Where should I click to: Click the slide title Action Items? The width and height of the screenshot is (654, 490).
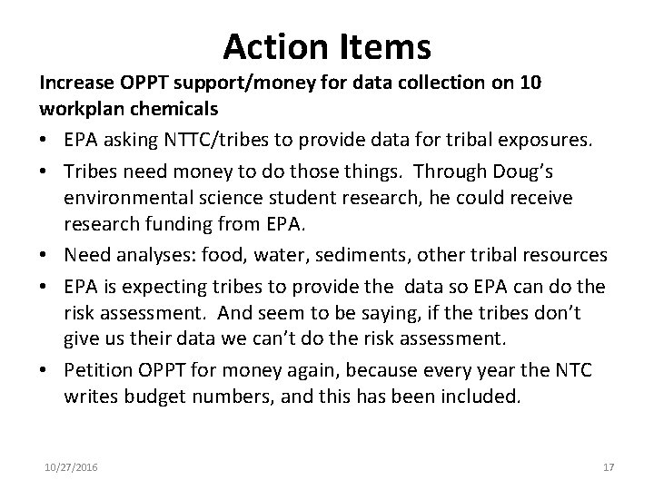pyautogui.click(x=327, y=45)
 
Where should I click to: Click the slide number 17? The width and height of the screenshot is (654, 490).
pyautogui.click(x=608, y=466)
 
